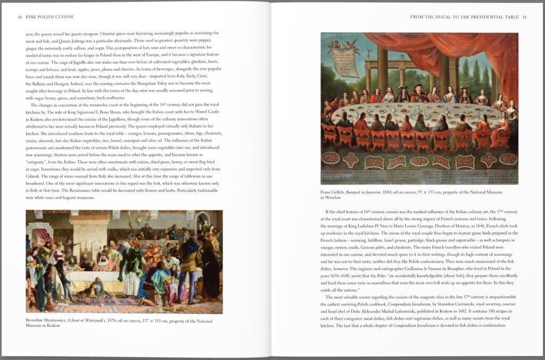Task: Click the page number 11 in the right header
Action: tap(524, 17)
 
